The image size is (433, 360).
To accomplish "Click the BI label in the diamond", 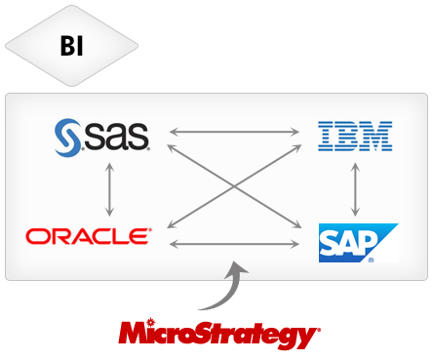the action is [x=72, y=46].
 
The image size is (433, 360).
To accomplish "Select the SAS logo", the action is [x=102, y=138].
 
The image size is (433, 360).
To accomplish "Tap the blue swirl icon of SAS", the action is [x=67, y=138].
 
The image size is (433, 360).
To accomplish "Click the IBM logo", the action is [x=355, y=136].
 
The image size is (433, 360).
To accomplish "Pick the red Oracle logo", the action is [x=89, y=236].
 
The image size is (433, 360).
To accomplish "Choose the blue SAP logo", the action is [x=358, y=243].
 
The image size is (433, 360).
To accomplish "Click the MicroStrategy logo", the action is [x=219, y=334].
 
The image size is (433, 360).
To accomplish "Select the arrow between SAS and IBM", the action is [x=234, y=132].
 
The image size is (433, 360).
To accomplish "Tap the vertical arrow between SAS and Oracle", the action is [x=109, y=189].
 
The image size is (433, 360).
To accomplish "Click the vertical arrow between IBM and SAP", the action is [x=355, y=189].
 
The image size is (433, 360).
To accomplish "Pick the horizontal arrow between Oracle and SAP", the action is [x=234, y=244].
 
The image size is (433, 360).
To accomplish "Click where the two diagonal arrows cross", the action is [x=234, y=186].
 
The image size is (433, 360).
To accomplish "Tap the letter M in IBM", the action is [x=376, y=136].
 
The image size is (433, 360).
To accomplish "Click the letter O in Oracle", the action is [x=36, y=236].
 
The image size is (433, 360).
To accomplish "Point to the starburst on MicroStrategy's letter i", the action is [x=150, y=322].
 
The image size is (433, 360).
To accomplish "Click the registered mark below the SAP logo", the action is [x=371, y=260].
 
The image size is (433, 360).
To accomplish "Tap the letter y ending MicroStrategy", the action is [x=304, y=339].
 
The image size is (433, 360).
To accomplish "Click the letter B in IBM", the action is [x=346, y=136].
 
